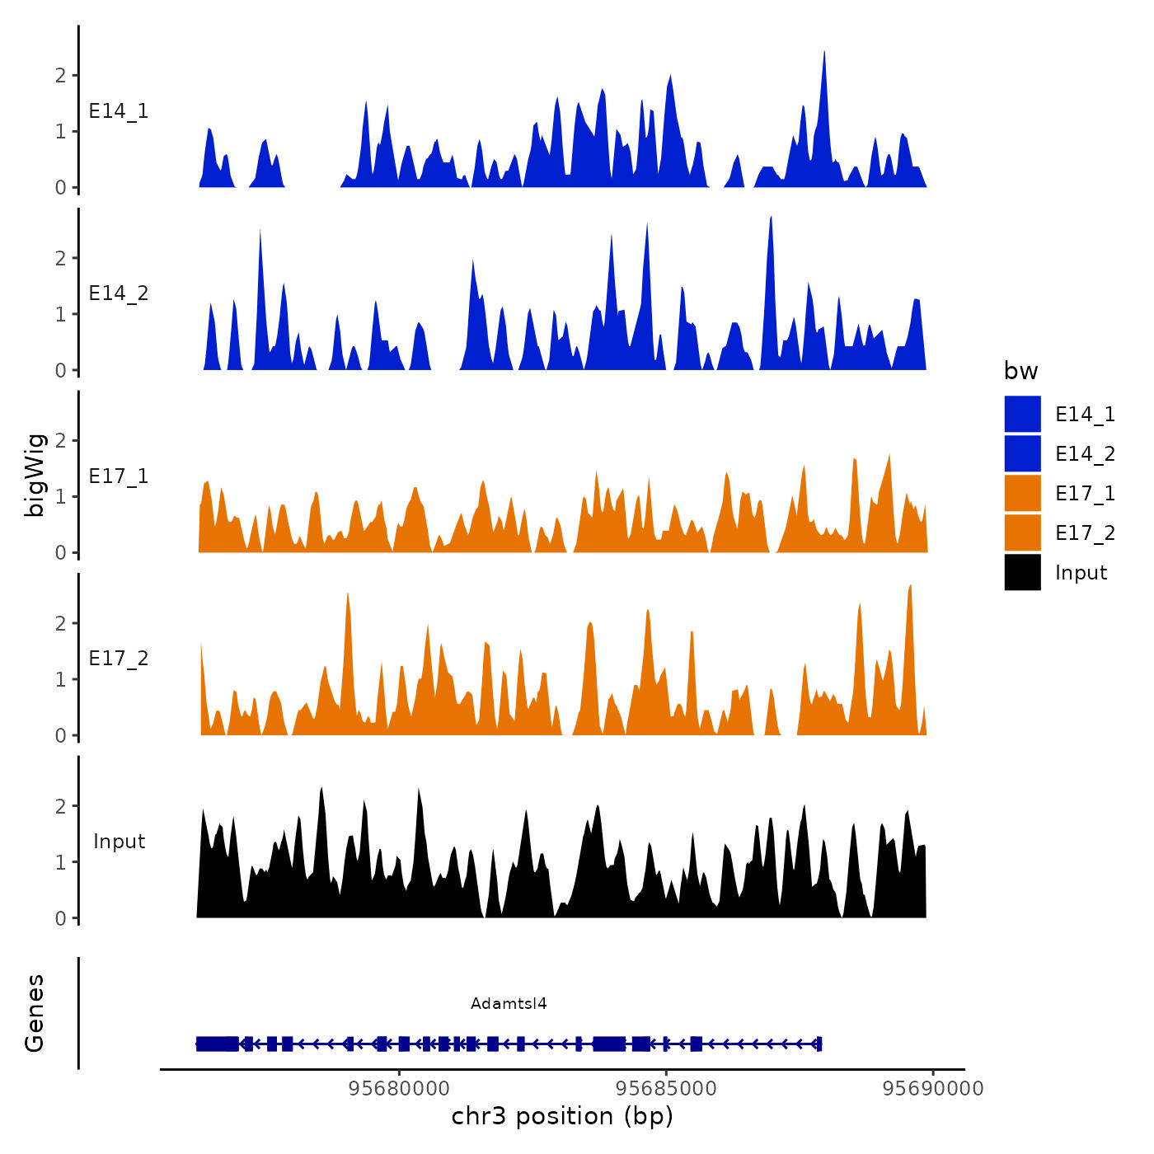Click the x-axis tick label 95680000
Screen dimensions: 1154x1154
tap(399, 1089)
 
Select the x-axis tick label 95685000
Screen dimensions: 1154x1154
tap(666, 1089)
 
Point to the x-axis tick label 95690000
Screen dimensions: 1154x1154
tap(933, 1089)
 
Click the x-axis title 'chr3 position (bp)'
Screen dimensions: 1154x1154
tap(562, 1117)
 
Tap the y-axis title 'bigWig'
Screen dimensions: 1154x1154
tap(35, 475)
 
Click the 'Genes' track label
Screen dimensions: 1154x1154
tap(35, 1013)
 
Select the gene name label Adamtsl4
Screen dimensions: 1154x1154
tap(509, 1004)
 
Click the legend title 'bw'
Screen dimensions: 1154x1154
tap(1020, 372)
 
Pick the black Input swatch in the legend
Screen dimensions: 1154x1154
tap(1022, 573)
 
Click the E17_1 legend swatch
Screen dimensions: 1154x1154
tap(1022, 494)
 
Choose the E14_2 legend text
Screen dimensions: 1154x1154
tap(1085, 454)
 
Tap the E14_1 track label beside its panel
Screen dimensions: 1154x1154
tap(119, 111)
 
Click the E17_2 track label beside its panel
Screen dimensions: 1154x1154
tap(119, 659)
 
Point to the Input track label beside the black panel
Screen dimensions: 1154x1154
tap(119, 842)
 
